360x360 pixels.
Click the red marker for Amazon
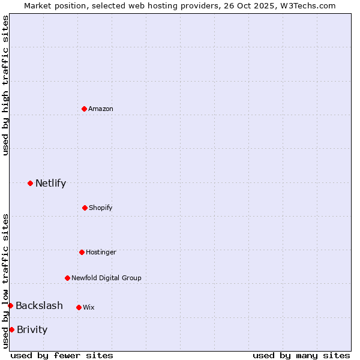pos(84,109)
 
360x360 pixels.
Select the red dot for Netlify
pos(30,183)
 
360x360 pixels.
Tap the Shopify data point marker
pos(85,208)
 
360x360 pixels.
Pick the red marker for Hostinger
pos(82,252)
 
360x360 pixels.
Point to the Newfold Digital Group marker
pos(67,278)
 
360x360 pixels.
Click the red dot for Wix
pos(79,307)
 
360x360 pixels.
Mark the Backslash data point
pos(10,306)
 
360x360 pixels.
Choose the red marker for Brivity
pos(11,329)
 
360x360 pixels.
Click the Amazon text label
pos(101,109)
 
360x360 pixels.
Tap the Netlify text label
pos(50,184)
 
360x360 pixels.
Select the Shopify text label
pos(101,208)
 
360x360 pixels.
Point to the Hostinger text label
pos(101,252)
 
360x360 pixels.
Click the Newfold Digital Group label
pos(106,278)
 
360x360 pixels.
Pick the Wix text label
pos(89,307)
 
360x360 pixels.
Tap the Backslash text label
pos(39,306)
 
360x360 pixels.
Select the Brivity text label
pos(32,329)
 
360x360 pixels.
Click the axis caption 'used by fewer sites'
pos(62,355)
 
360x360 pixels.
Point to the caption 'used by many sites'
pos(301,355)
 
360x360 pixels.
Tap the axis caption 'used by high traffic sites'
pos(5,85)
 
